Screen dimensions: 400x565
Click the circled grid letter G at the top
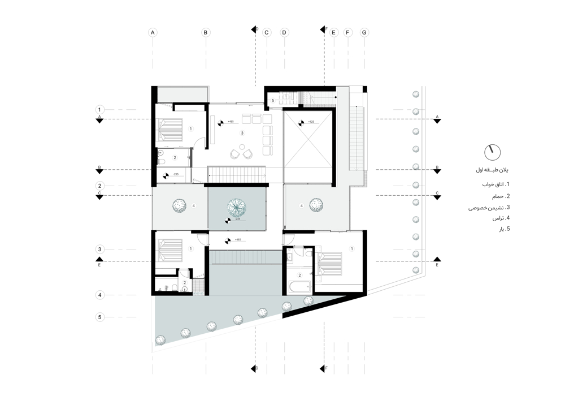click(364, 33)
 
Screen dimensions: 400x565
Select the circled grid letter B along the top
click(206, 33)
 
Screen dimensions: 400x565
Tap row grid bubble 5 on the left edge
click(99, 317)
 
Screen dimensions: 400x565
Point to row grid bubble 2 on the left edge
click(99, 186)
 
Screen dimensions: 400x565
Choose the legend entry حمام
click(498, 196)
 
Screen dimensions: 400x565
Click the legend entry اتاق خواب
click(495, 185)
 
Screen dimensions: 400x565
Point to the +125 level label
click(310, 122)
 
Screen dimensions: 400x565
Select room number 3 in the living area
click(242, 133)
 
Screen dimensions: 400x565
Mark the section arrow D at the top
click(255, 28)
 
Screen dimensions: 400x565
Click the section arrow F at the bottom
click(325, 368)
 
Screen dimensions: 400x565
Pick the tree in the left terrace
click(180, 206)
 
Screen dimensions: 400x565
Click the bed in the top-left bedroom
click(170, 129)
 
